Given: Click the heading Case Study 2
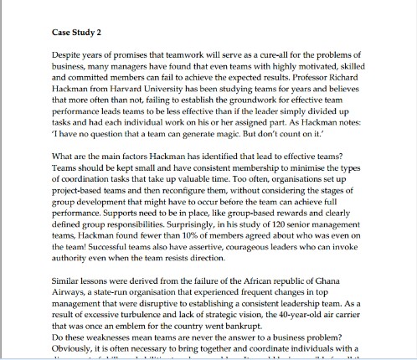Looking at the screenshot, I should coord(70,34).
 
